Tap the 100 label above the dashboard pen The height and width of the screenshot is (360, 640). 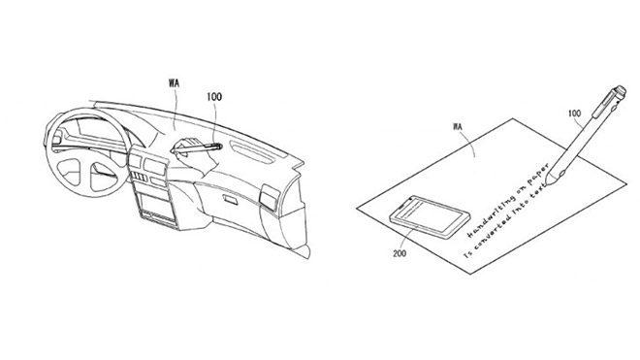coord(213,98)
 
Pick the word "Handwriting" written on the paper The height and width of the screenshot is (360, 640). coord(482,221)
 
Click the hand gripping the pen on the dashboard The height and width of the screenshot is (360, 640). coord(184,147)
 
